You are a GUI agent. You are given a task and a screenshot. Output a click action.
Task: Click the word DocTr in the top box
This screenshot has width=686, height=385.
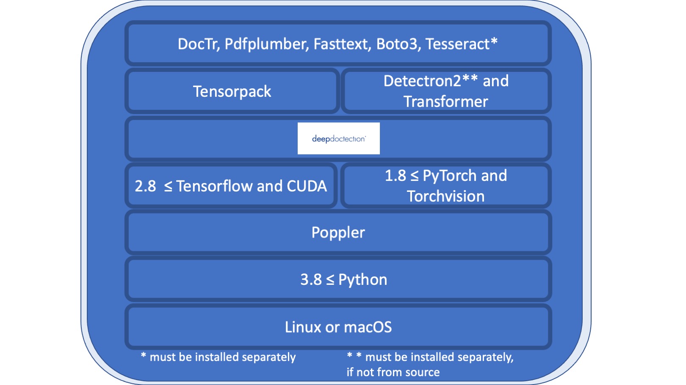tap(198, 44)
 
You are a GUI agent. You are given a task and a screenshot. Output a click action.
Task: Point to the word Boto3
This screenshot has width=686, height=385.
tap(398, 44)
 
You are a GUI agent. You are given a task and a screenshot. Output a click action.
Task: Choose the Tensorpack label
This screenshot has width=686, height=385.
tap(232, 92)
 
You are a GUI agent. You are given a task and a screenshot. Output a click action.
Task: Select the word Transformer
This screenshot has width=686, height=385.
tap(445, 102)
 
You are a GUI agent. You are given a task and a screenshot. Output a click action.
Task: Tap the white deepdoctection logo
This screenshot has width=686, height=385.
tap(338, 139)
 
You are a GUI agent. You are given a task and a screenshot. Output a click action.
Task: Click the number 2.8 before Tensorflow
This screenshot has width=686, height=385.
tap(145, 186)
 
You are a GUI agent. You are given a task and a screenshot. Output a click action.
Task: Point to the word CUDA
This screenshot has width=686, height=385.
tap(307, 186)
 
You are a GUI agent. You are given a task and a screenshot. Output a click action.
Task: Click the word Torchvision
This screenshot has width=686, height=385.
tap(445, 197)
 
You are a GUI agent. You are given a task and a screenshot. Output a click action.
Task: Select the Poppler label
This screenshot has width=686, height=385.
tap(338, 232)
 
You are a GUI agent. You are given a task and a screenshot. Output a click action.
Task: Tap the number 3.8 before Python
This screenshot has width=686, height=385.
tap(311, 280)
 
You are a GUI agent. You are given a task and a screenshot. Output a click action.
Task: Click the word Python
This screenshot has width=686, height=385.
tap(362, 280)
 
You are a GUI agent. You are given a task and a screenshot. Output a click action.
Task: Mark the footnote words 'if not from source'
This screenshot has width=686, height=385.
tap(393, 372)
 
